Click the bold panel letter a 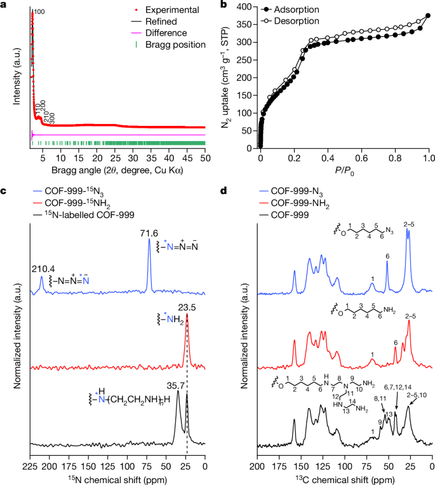point(4,5)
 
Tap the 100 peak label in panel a point(39,12)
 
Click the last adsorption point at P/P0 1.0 point(429,16)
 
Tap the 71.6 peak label point(149,233)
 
